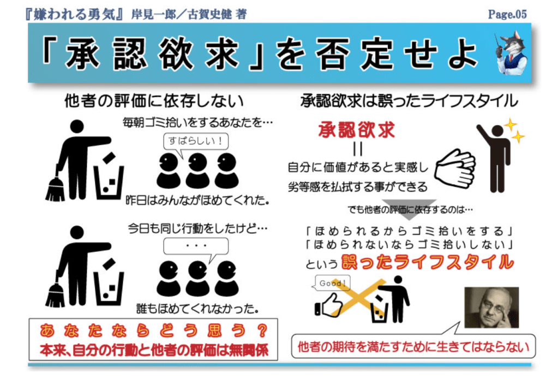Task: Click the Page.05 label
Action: [x=507, y=14]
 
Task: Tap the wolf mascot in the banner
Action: [x=512, y=53]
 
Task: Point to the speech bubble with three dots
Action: [x=196, y=248]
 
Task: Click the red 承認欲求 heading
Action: [x=357, y=129]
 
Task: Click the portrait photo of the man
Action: [x=491, y=307]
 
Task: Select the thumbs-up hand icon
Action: [x=329, y=305]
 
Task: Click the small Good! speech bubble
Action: [x=332, y=284]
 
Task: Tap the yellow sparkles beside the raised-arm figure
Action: [x=514, y=131]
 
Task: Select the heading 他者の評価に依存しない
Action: [x=154, y=101]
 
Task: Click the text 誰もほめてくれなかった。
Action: [x=197, y=309]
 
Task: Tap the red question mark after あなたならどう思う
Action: [x=262, y=331]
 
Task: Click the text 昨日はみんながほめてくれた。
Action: [x=197, y=201]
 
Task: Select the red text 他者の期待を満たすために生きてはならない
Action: [x=413, y=347]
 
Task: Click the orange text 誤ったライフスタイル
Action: [x=428, y=262]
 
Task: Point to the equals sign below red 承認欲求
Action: [x=358, y=149]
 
